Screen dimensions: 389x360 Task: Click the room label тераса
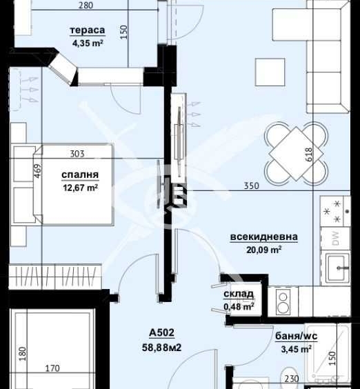click(x=86, y=31)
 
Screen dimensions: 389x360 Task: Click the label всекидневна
click(x=264, y=237)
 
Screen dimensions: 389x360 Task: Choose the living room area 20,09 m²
click(x=264, y=250)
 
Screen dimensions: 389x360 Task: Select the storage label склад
click(x=238, y=295)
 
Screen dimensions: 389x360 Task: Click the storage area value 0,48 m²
click(x=239, y=306)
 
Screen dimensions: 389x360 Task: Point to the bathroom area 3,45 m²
click(x=294, y=350)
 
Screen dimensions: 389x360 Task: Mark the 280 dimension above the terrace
click(x=106, y=6)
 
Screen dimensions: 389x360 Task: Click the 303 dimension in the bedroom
click(x=78, y=154)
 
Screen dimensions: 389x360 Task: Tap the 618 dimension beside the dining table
click(x=308, y=152)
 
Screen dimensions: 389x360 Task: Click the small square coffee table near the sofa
click(x=270, y=70)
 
